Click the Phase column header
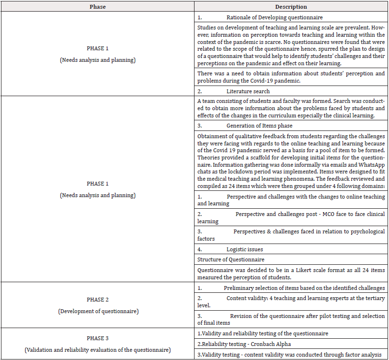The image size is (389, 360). pos(97,7)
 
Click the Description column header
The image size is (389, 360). pos(291,7)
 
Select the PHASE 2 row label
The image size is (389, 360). pos(98,300)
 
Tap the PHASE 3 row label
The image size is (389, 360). pos(98,338)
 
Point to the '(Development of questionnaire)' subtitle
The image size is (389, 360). pos(98,311)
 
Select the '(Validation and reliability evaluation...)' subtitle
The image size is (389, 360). pos(98,349)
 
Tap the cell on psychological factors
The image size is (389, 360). pos(291,235)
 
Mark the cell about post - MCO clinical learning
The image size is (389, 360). pos(291,217)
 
